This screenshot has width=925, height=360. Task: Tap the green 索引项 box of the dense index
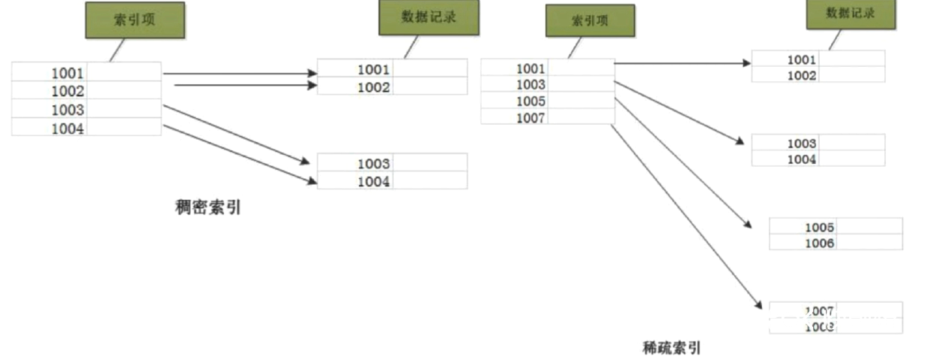tap(135, 20)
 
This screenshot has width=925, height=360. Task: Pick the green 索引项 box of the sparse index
tap(590, 20)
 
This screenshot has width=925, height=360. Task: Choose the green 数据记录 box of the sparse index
tap(851, 14)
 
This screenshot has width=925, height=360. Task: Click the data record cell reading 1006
tap(820, 243)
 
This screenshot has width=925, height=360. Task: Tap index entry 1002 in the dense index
tap(68, 91)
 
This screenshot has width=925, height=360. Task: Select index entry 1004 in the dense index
tap(68, 128)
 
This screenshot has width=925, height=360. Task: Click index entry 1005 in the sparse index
tap(531, 101)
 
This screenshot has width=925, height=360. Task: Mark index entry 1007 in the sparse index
tap(531, 117)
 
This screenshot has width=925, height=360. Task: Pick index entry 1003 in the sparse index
tap(531, 85)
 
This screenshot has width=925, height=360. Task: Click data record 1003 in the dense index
tap(373, 163)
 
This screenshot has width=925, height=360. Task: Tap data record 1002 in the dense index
tap(373, 87)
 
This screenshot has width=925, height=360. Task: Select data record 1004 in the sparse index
tap(801, 159)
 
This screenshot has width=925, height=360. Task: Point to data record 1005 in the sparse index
tap(820, 227)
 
